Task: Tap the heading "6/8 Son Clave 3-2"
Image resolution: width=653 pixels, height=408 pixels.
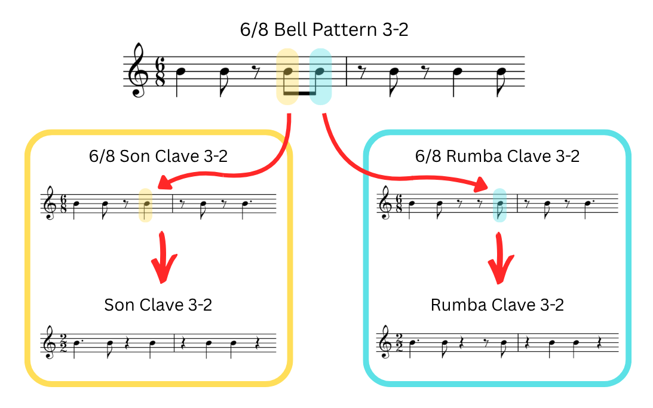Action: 158,157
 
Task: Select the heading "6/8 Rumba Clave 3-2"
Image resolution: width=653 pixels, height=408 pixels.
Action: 497,157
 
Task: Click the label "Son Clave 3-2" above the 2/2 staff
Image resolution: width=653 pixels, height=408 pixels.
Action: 158,305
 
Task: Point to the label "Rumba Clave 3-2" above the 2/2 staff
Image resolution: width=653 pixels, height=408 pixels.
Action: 497,305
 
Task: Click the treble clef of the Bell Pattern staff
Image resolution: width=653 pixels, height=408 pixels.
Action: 139,70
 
